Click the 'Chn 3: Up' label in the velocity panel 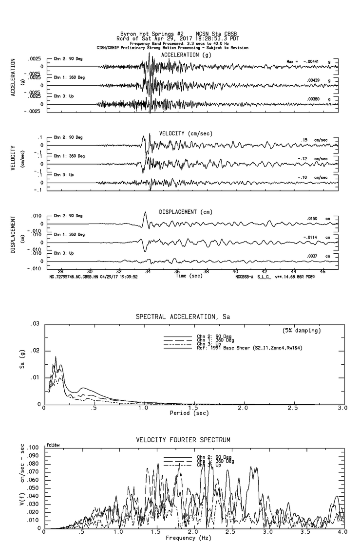click(x=64, y=174)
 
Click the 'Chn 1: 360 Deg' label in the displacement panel click(x=69, y=234)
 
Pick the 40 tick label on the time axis click(x=235, y=271)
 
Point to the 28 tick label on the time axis click(x=60, y=271)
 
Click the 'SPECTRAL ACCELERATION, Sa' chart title click(x=183, y=317)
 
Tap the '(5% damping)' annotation click(x=302, y=331)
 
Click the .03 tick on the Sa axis click(x=35, y=324)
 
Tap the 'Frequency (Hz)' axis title click(x=188, y=538)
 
